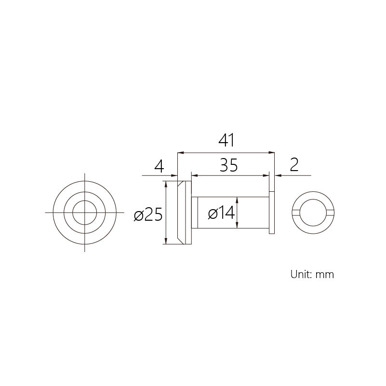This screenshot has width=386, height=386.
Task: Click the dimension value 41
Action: pyautogui.click(x=226, y=140)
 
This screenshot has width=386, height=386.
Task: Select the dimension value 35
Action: pyautogui.click(x=229, y=165)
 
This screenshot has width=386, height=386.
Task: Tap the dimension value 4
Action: pyautogui.click(x=160, y=166)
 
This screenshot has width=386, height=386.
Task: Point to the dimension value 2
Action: pyautogui.click(x=294, y=165)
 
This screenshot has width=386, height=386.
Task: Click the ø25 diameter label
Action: pyautogui.click(x=148, y=214)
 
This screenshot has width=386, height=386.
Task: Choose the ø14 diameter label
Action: pyautogui.click(x=221, y=213)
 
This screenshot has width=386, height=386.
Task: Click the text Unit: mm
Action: pyautogui.click(x=312, y=274)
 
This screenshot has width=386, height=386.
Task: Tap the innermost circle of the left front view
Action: pyautogui.click(x=85, y=200)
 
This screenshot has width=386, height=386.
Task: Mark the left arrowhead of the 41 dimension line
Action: pyautogui.click(x=181, y=153)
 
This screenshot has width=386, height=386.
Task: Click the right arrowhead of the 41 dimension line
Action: pyautogui.click(x=271, y=153)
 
